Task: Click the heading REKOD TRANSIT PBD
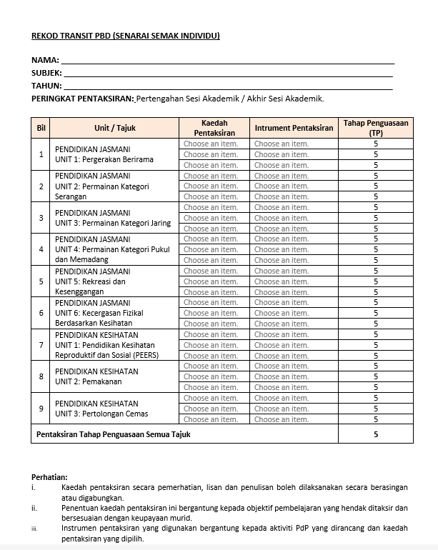coord(125,36)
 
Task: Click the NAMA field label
coord(45,61)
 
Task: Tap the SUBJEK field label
coord(47,74)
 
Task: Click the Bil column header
coord(41,128)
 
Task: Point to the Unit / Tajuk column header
coord(114,128)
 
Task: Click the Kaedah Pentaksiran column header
coord(214,128)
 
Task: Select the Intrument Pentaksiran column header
coord(294,128)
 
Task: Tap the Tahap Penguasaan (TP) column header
coord(375,128)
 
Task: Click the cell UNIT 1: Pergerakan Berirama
coord(104,159)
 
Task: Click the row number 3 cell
coord(41,218)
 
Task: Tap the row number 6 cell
coord(41,313)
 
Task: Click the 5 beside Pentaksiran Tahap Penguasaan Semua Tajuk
coord(375,434)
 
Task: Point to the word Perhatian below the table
coord(49,477)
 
